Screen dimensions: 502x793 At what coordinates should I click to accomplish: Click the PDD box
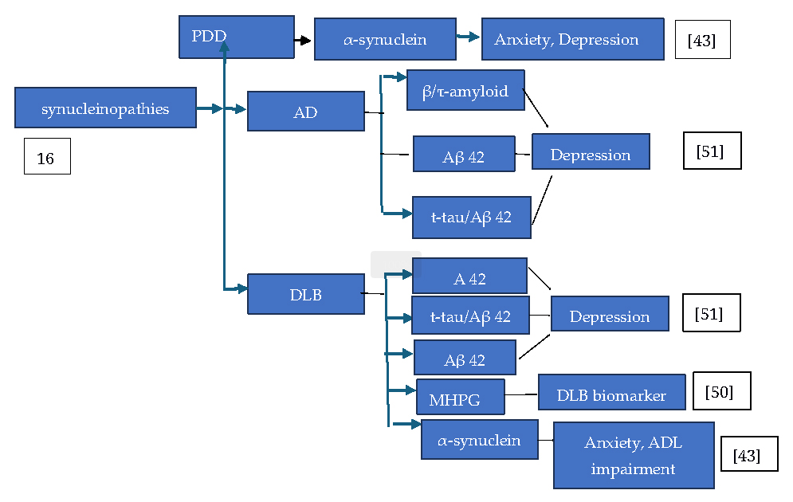[x=236, y=37]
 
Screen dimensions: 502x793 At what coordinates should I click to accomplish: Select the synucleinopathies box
[x=105, y=109]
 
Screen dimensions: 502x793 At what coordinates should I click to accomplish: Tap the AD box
[x=305, y=112]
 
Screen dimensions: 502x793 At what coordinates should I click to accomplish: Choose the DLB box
[x=305, y=294]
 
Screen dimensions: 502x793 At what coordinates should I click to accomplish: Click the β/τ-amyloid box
[x=465, y=90]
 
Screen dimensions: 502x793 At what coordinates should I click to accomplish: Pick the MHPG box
[x=460, y=397]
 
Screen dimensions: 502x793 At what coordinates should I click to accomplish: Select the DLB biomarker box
[x=611, y=394]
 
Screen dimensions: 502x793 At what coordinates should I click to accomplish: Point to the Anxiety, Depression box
[x=572, y=39]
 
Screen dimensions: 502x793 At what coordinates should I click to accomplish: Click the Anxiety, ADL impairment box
[x=634, y=455]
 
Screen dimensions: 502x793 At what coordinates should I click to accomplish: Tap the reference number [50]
[x=721, y=391]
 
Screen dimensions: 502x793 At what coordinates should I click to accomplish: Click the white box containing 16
[x=47, y=156]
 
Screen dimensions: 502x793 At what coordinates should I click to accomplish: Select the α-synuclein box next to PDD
[x=384, y=39]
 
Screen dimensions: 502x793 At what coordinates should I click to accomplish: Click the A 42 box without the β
[x=469, y=276]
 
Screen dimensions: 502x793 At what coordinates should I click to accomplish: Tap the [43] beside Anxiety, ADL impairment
[x=749, y=454]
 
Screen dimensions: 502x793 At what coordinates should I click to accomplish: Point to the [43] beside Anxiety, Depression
[x=702, y=40]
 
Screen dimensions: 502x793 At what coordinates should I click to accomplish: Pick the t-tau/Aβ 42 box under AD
[x=471, y=217]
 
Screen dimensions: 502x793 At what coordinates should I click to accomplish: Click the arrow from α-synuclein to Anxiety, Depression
[x=468, y=37]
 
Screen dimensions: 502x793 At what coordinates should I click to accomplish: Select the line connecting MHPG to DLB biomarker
[x=521, y=394]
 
